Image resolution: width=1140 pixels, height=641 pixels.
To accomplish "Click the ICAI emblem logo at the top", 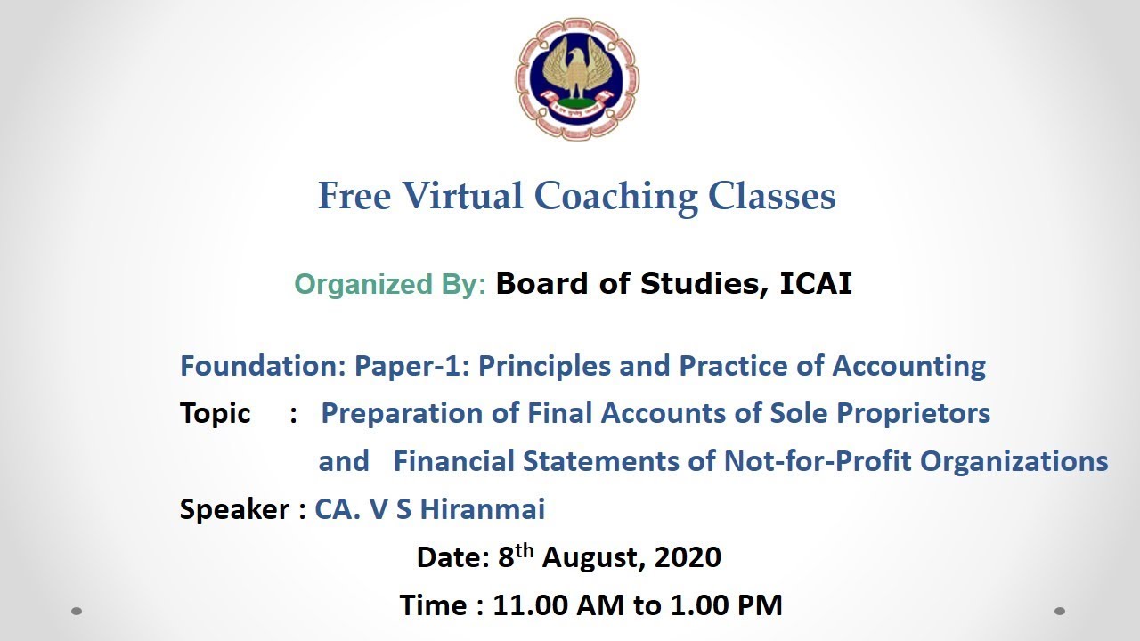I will pos(577,78).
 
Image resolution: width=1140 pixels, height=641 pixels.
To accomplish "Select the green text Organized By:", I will pos(390,284).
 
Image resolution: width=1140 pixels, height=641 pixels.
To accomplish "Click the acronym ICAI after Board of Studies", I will pos(816,283).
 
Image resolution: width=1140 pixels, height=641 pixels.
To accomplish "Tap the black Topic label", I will pos(215,413).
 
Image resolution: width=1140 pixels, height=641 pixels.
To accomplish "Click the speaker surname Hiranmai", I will pos(482,509).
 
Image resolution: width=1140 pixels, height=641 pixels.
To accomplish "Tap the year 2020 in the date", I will pos(688,557).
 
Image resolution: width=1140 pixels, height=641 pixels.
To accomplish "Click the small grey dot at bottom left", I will pos(77,611).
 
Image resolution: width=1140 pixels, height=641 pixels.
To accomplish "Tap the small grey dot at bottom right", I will pos(1060,611).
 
